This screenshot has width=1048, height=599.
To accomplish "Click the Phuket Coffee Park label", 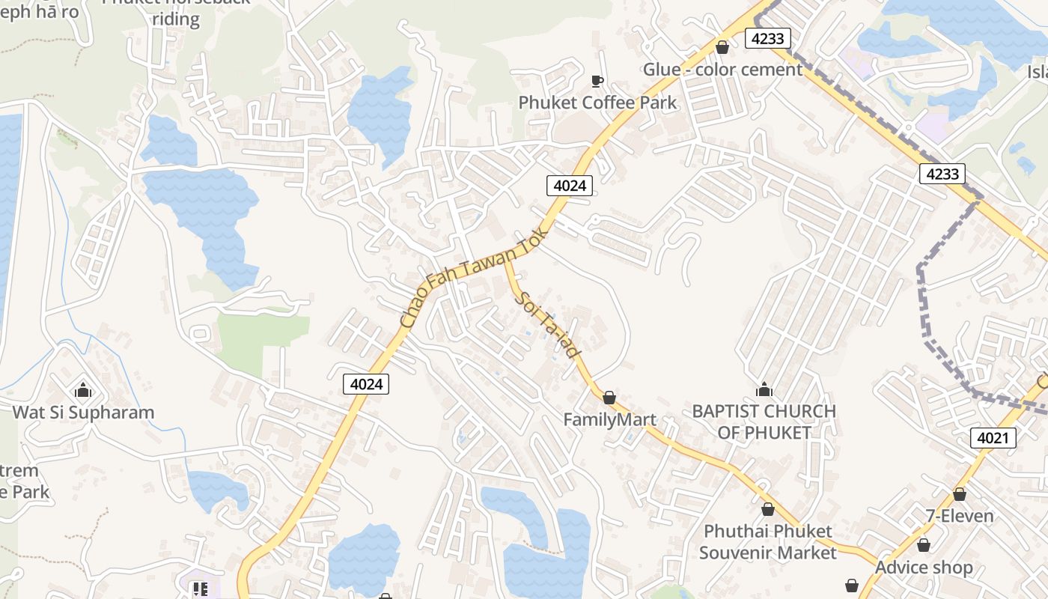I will pyautogui.click(x=597, y=103).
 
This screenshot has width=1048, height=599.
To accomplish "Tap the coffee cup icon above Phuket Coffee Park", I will pyautogui.click(x=597, y=81).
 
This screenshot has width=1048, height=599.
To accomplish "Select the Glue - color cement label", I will pyautogui.click(x=722, y=70).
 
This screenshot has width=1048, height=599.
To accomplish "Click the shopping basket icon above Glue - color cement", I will pyautogui.click(x=722, y=48).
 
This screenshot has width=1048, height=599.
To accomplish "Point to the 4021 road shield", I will pyautogui.click(x=993, y=438).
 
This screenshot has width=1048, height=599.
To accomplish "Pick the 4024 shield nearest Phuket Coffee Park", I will pyautogui.click(x=570, y=185).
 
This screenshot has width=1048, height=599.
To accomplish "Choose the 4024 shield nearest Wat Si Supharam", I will pyautogui.click(x=366, y=384).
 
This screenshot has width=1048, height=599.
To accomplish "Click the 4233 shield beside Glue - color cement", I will pyautogui.click(x=768, y=38).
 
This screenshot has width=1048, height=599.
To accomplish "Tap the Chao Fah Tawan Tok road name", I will pyautogui.click(x=470, y=279).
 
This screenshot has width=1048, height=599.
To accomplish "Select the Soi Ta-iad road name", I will pyautogui.click(x=549, y=324).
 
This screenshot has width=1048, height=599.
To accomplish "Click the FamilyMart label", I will pyautogui.click(x=609, y=419).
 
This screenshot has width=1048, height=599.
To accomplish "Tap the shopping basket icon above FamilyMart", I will pyautogui.click(x=609, y=398).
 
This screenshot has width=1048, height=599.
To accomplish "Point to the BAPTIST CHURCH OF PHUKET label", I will pyautogui.click(x=764, y=422).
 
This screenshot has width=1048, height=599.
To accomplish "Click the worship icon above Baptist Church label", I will pyautogui.click(x=764, y=389).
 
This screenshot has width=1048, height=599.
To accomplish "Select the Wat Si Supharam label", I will pyautogui.click(x=83, y=413).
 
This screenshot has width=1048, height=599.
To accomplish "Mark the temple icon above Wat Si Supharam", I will pyautogui.click(x=83, y=390).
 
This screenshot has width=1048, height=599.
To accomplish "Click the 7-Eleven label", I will pyautogui.click(x=959, y=516).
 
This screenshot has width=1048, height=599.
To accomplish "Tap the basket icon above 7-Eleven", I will pyautogui.click(x=959, y=494).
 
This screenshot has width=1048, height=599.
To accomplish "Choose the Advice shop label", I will pyautogui.click(x=924, y=568).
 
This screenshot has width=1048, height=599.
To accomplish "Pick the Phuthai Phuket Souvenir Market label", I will pyautogui.click(x=767, y=542).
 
